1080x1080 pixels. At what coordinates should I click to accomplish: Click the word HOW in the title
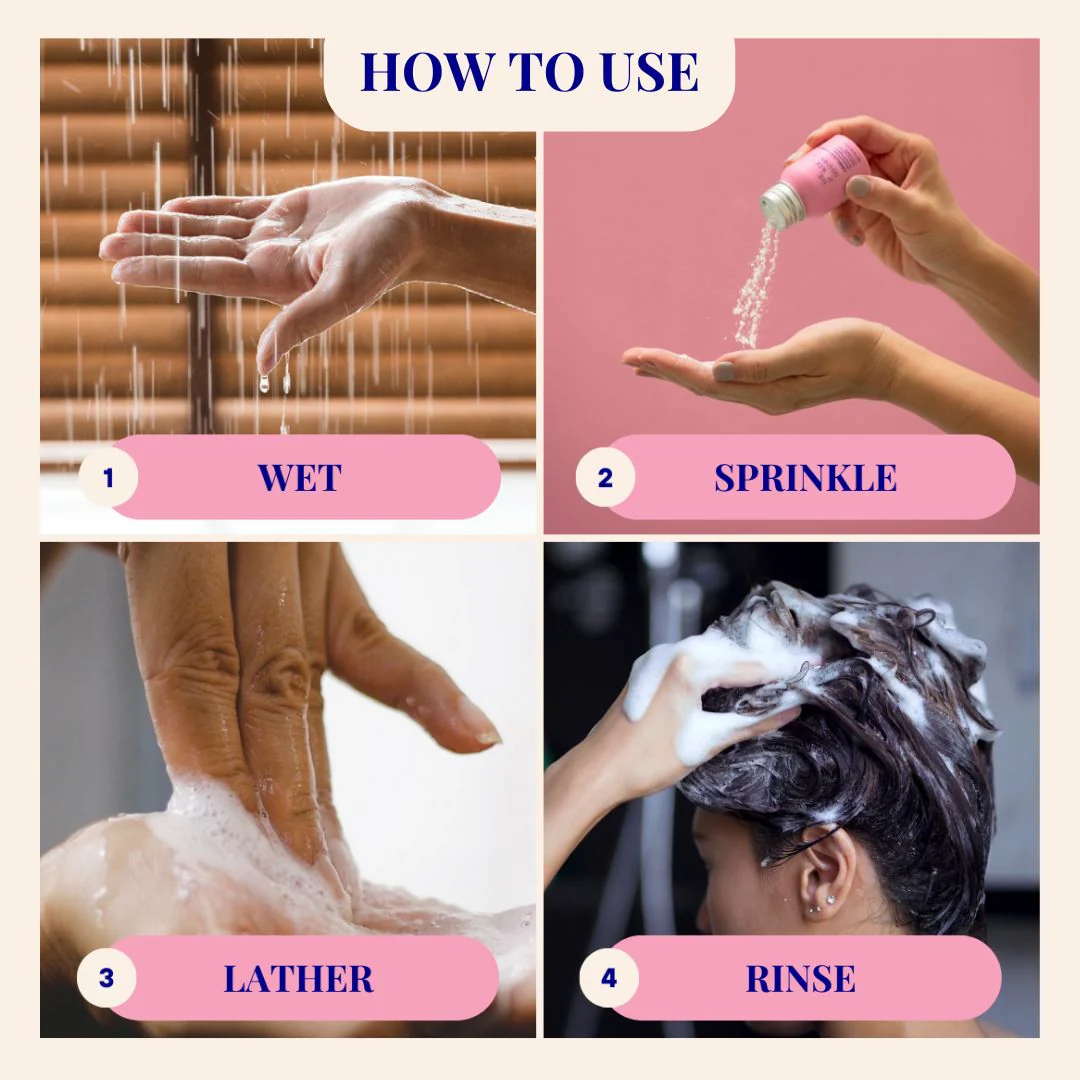tap(427, 72)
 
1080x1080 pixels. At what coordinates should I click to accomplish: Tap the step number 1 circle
tap(108, 477)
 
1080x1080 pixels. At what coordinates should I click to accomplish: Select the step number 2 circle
tap(605, 477)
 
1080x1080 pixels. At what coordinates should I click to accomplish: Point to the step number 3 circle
tap(106, 978)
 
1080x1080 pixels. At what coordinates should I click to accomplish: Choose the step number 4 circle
tap(609, 978)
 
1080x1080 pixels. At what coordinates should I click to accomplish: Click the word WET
tap(300, 478)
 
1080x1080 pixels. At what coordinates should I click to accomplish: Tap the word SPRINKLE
tap(805, 478)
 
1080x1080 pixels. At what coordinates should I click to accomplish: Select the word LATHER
tap(299, 979)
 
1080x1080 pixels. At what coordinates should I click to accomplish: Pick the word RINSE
tap(800, 979)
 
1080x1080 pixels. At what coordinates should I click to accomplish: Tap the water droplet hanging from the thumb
tap(264, 383)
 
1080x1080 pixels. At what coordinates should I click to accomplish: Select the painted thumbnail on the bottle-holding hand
tap(858, 186)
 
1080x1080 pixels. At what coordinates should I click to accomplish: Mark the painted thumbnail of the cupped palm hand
tap(723, 373)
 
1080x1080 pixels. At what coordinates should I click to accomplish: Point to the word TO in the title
tap(547, 72)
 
